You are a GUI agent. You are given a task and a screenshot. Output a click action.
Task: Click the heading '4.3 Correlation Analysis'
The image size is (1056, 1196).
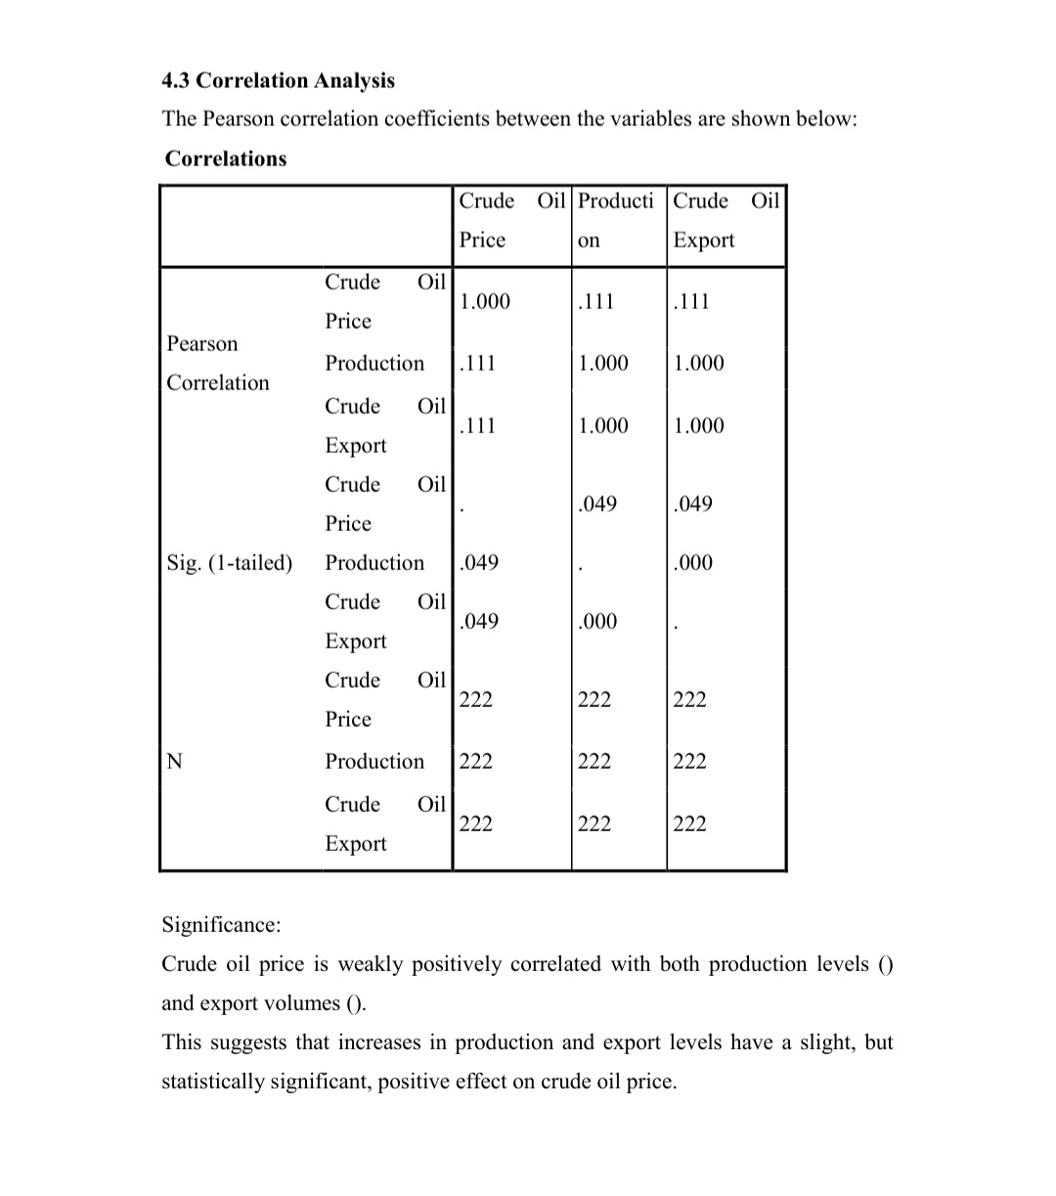click(x=279, y=80)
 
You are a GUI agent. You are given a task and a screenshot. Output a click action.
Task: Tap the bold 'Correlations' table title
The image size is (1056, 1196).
click(x=226, y=158)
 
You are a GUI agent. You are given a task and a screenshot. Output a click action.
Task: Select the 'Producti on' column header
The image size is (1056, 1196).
click(x=615, y=220)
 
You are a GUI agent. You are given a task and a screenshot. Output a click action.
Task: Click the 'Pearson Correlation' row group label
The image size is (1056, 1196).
click(x=217, y=363)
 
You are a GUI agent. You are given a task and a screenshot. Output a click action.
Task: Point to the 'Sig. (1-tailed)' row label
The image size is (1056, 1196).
click(x=230, y=562)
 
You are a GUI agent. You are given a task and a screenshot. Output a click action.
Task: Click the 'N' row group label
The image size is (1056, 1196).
click(x=174, y=761)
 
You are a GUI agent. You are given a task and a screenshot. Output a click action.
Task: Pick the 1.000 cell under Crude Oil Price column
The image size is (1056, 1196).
click(x=485, y=301)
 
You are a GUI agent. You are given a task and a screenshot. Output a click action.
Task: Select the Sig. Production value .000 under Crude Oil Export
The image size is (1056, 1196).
click(x=693, y=562)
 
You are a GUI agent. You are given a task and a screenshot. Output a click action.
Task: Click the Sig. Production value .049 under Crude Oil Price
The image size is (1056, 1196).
click(x=478, y=562)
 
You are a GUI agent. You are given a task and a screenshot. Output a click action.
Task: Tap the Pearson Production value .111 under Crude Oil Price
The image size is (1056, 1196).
click(x=477, y=363)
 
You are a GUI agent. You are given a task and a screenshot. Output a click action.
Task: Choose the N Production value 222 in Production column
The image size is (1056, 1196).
click(x=594, y=761)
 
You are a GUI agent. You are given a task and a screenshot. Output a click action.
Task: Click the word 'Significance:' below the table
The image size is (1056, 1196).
click(x=221, y=924)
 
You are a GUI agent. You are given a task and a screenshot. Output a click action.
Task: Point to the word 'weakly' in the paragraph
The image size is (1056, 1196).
click(x=371, y=964)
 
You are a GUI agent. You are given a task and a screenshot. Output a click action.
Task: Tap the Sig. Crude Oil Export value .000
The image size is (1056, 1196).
click(x=596, y=621)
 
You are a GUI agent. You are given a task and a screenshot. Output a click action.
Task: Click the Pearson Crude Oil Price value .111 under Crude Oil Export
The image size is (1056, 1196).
click(x=691, y=301)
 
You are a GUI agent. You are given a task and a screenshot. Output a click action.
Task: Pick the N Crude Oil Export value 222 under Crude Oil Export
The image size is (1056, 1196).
click(x=689, y=823)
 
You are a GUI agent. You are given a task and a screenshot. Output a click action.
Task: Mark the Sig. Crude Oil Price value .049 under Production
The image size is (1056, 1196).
click(x=596, y=504)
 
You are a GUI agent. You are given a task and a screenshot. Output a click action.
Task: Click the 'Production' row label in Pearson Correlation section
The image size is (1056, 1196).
click(x=374, y=363)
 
